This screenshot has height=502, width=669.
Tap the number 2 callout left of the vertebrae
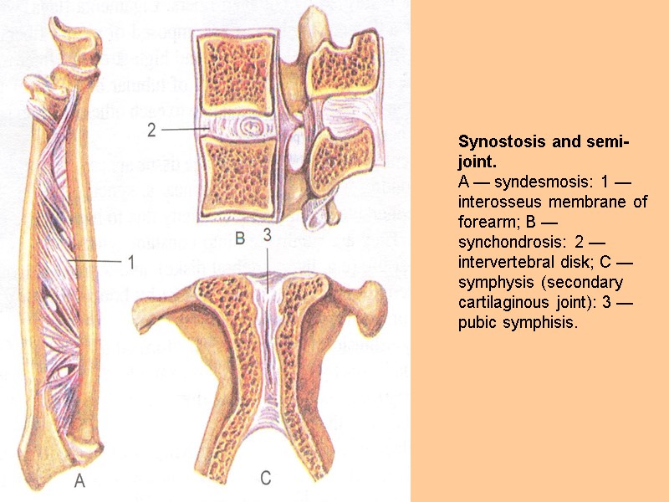pos(151,130)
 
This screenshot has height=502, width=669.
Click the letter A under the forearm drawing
pos(80,481)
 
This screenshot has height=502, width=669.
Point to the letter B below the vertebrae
pos(239,239)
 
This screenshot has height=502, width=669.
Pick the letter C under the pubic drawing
pos(265,479)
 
